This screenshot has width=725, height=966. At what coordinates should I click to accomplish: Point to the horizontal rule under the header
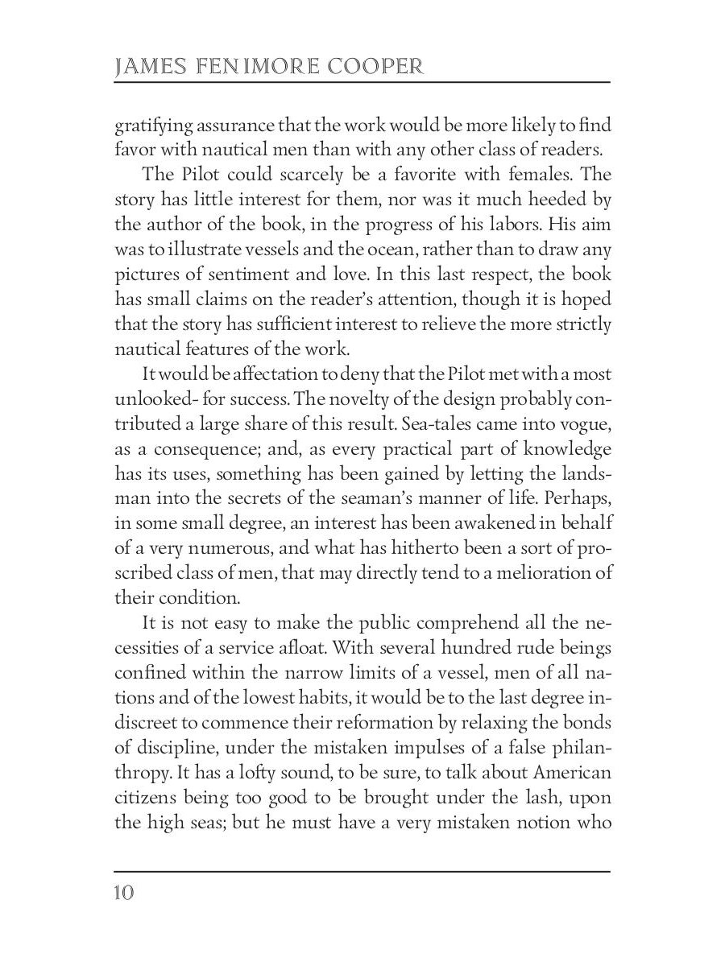coord(362,82)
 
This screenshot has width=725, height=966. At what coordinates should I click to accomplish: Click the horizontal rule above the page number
coord(362,871)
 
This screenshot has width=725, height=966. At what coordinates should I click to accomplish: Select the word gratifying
coord(155,126)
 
